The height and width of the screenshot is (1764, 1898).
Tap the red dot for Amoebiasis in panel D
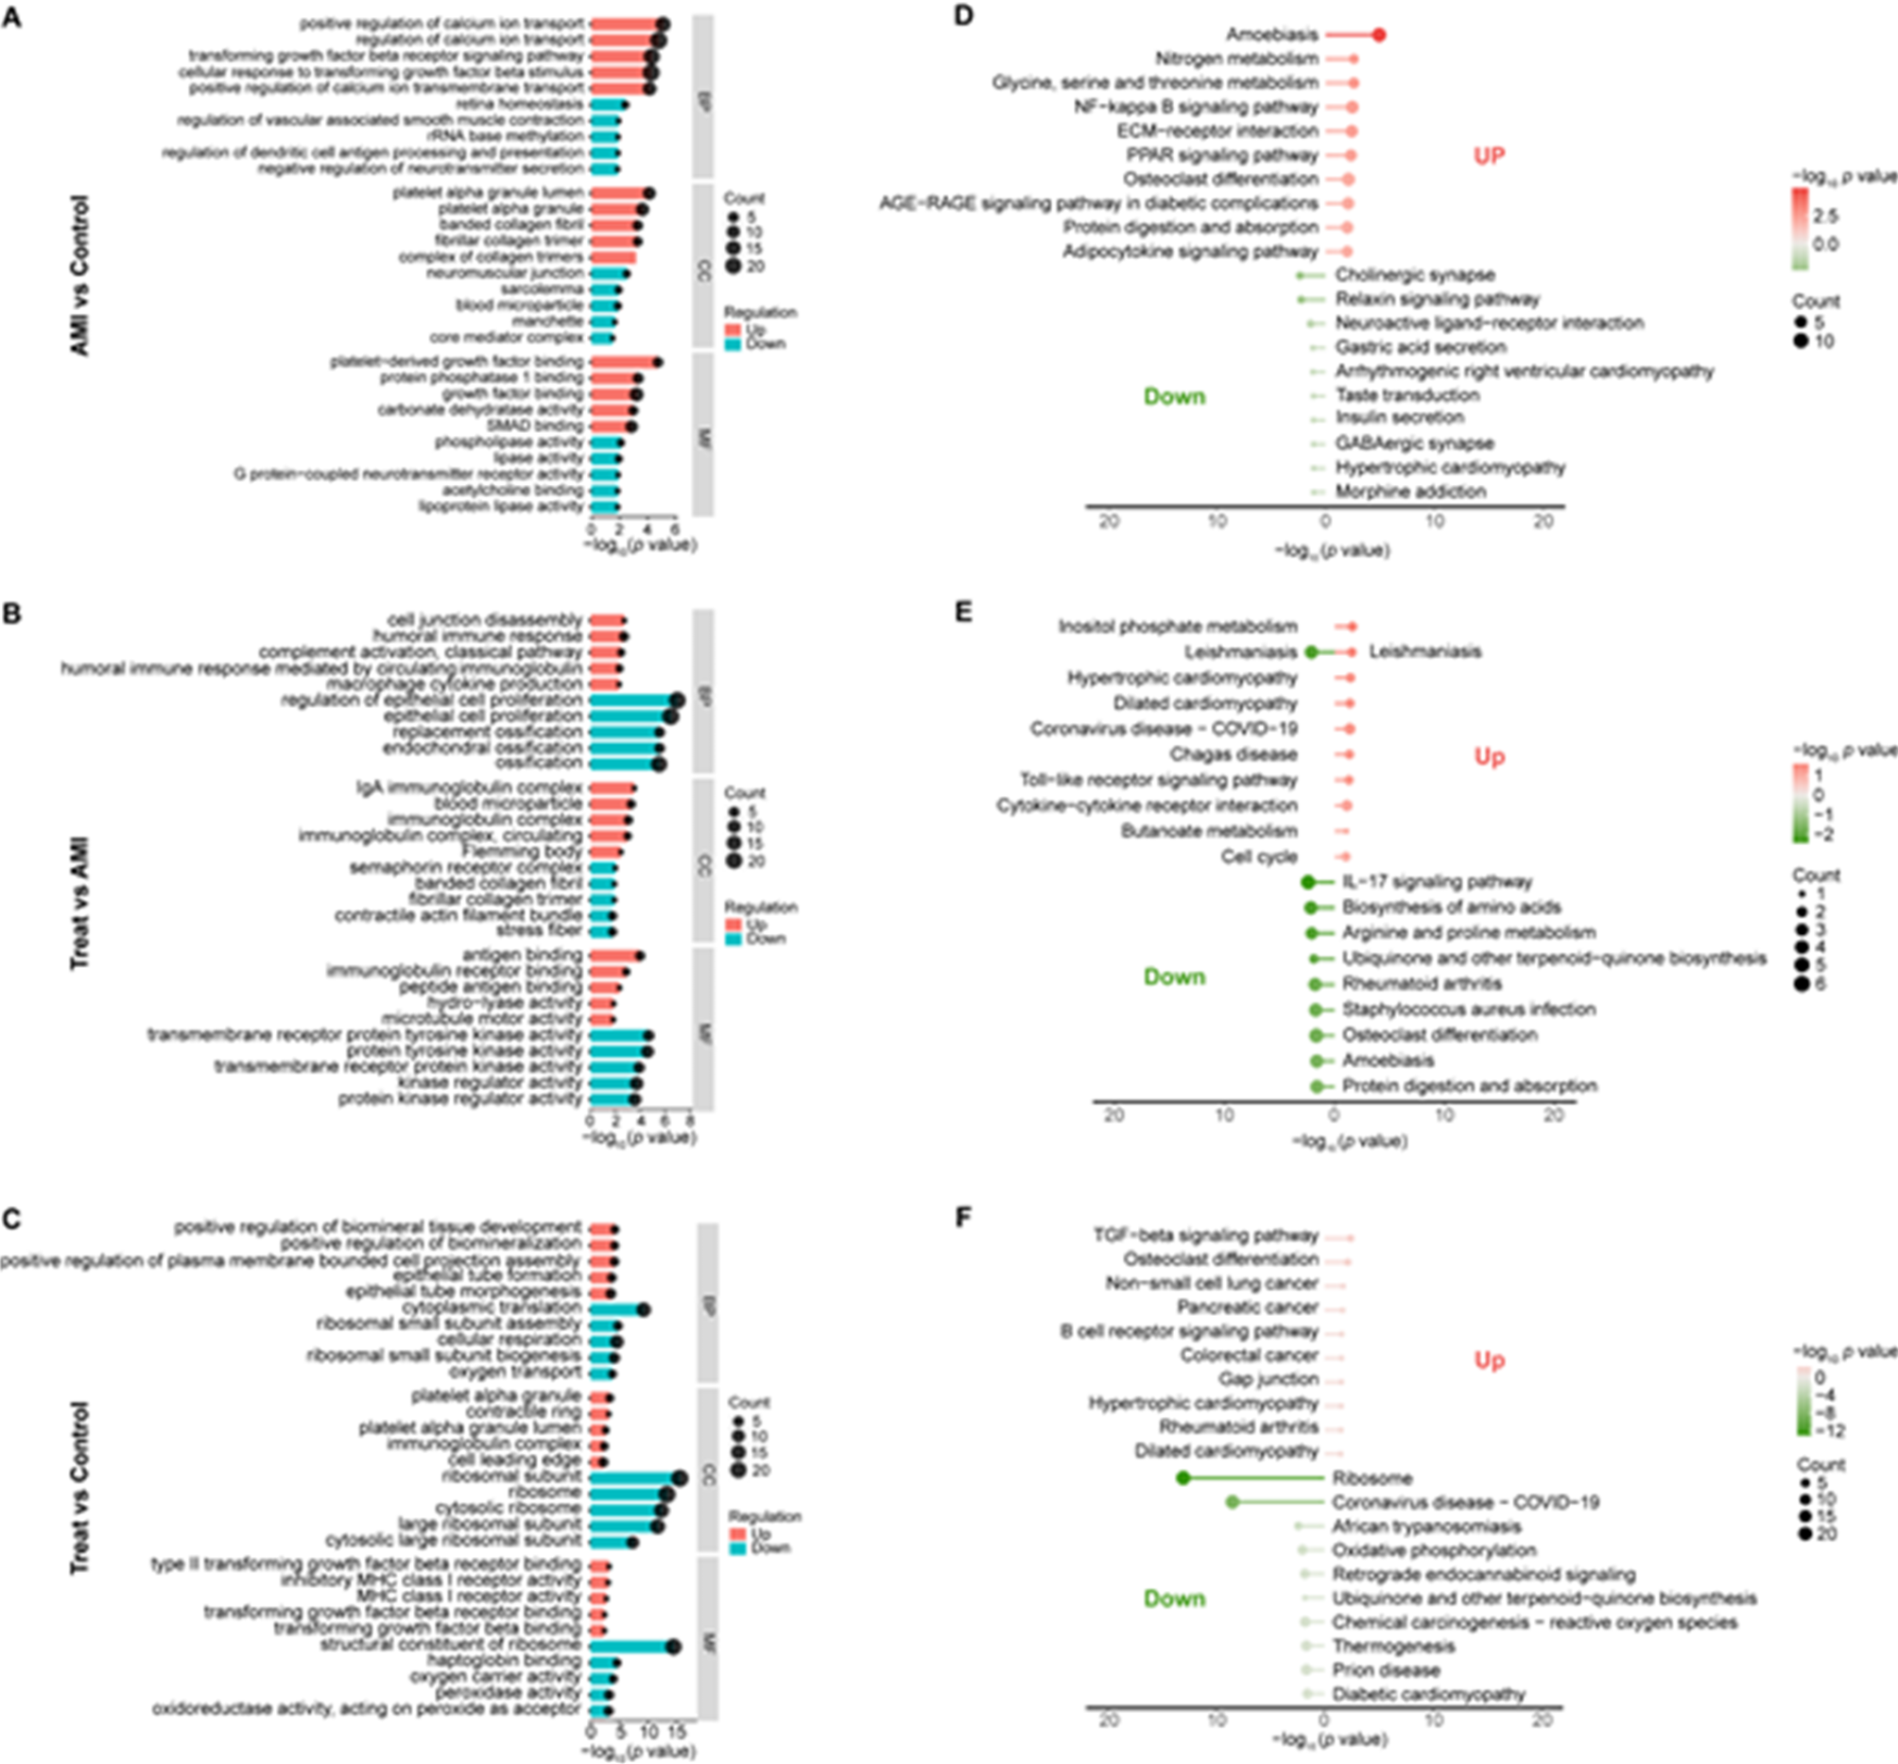1378,35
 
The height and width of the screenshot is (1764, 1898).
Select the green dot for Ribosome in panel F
1183,1478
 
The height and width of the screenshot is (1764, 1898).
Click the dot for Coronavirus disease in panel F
1232,1501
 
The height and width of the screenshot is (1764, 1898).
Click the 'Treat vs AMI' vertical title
80,903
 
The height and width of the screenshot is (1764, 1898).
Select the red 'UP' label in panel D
1489,156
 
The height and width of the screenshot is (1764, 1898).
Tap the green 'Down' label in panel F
1174,1598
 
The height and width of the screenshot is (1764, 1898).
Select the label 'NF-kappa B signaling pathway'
1196,107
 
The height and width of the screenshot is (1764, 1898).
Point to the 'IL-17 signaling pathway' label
1436,881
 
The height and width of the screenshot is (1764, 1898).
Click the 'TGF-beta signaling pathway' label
1205,1236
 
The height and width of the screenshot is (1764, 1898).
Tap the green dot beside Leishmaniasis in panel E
1311,652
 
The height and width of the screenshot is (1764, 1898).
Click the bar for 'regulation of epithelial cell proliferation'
632,700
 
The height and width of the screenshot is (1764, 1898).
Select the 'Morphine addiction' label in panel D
1410,492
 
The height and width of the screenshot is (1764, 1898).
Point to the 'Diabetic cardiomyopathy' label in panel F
1428,1693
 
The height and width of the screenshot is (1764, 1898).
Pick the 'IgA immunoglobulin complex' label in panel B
469,787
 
